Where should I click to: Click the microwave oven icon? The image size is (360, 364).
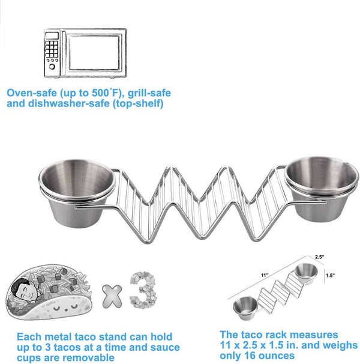pos(84,53)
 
